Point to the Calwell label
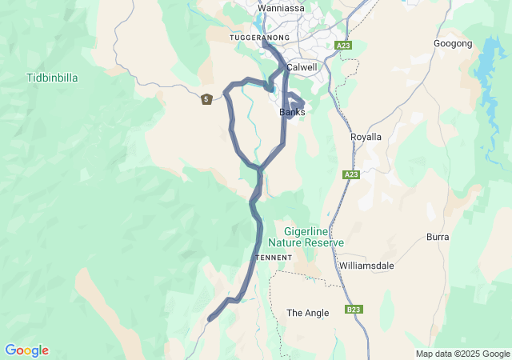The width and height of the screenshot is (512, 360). click(x=302, y=68)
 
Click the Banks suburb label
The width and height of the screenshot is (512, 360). click(x=292, y=112)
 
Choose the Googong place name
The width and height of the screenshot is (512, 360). click(x=453, y=43)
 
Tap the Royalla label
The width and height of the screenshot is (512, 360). click(x=366, y=137)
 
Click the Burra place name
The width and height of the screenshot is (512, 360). click(x=438, y=238)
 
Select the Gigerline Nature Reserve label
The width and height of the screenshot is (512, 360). click(x=306, y=236)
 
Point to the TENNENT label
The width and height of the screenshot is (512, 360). click(x=273, y=258)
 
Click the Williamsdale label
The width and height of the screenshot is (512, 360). click(x=366, y=265)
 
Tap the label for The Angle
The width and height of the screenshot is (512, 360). click(x=307, y=313)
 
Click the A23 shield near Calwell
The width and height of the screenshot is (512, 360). click(x=344, y=46)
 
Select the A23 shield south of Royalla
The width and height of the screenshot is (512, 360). click(x=351, y=174)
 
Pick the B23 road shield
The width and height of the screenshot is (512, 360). click(x=354, y=309)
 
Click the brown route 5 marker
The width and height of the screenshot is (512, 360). click(x=206, y=99)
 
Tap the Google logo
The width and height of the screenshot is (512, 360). click(x=26, y=350)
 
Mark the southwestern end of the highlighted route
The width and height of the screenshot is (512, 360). click(x=210, y=319)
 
